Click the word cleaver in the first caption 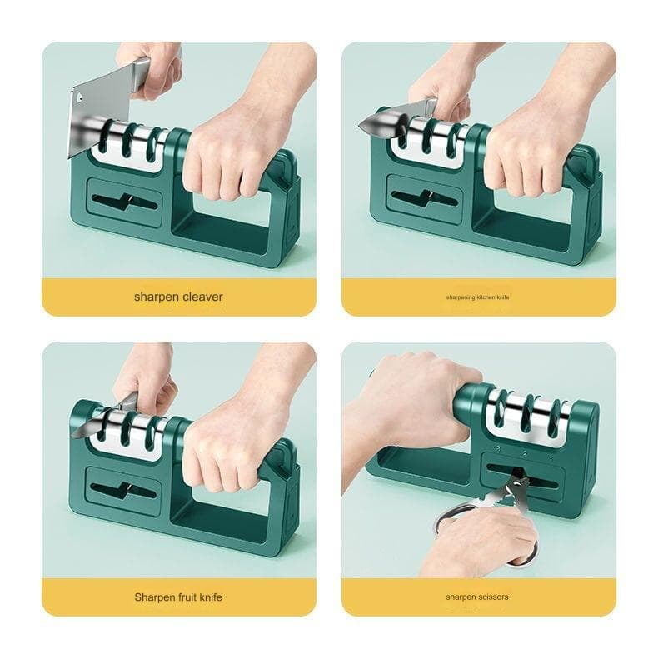(203, 297)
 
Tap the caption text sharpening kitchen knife (477, 297)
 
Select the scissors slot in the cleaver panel (123, 201)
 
